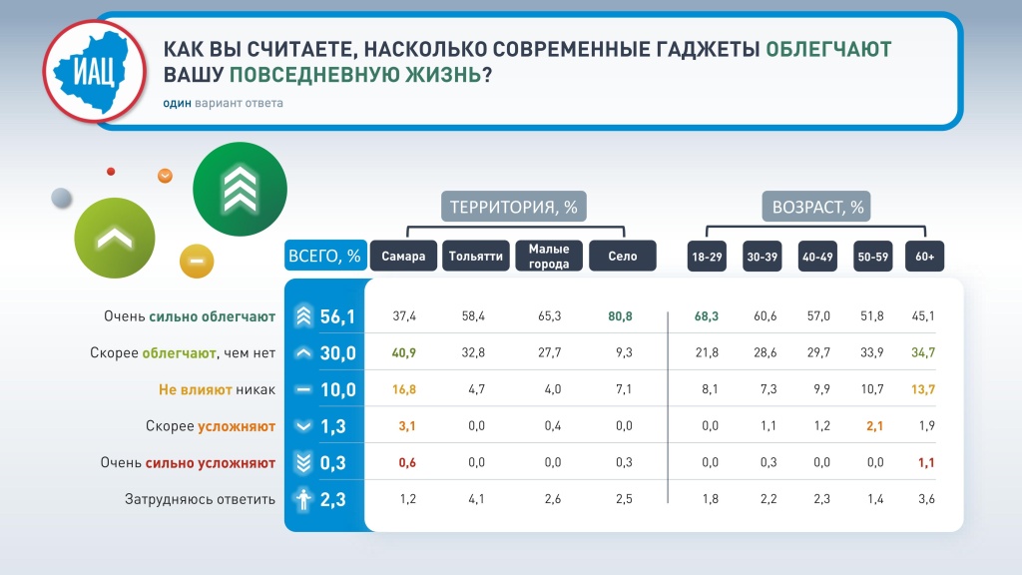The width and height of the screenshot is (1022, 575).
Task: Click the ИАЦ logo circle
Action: pos(95,71)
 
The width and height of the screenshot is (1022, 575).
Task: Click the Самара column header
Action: pos(403,257)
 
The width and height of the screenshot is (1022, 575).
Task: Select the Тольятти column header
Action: pos(476,257)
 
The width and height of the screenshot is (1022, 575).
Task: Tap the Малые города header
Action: pos(549,257)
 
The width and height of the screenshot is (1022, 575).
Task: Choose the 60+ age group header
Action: pos(925,257)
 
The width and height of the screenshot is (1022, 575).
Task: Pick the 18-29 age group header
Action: pos(708,257)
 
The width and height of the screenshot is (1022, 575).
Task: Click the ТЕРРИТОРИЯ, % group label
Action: pos(514,208)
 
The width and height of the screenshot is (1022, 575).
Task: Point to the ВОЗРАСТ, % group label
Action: pos(817,208)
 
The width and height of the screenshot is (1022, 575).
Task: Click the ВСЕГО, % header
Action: pos(325,256)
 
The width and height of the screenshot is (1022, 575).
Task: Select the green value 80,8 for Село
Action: pos(620,316)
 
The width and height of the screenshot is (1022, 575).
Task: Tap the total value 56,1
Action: pos(337,316)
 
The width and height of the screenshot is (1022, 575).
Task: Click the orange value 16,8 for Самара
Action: pos(404,389)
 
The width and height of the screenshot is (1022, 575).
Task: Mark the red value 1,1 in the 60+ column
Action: pos(926,463)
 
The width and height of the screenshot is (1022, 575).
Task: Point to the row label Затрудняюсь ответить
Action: pos(200,499)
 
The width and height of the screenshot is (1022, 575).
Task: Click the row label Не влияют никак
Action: pos(217,390)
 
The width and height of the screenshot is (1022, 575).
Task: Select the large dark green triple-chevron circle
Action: pos(240,189)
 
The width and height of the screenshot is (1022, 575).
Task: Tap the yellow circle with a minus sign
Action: pos(197,261)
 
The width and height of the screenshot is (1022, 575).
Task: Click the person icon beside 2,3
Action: pos(303,499)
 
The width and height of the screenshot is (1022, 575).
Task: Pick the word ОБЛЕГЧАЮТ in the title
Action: pos(828,49)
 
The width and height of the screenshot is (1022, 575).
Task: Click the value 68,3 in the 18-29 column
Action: pos(707,316)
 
